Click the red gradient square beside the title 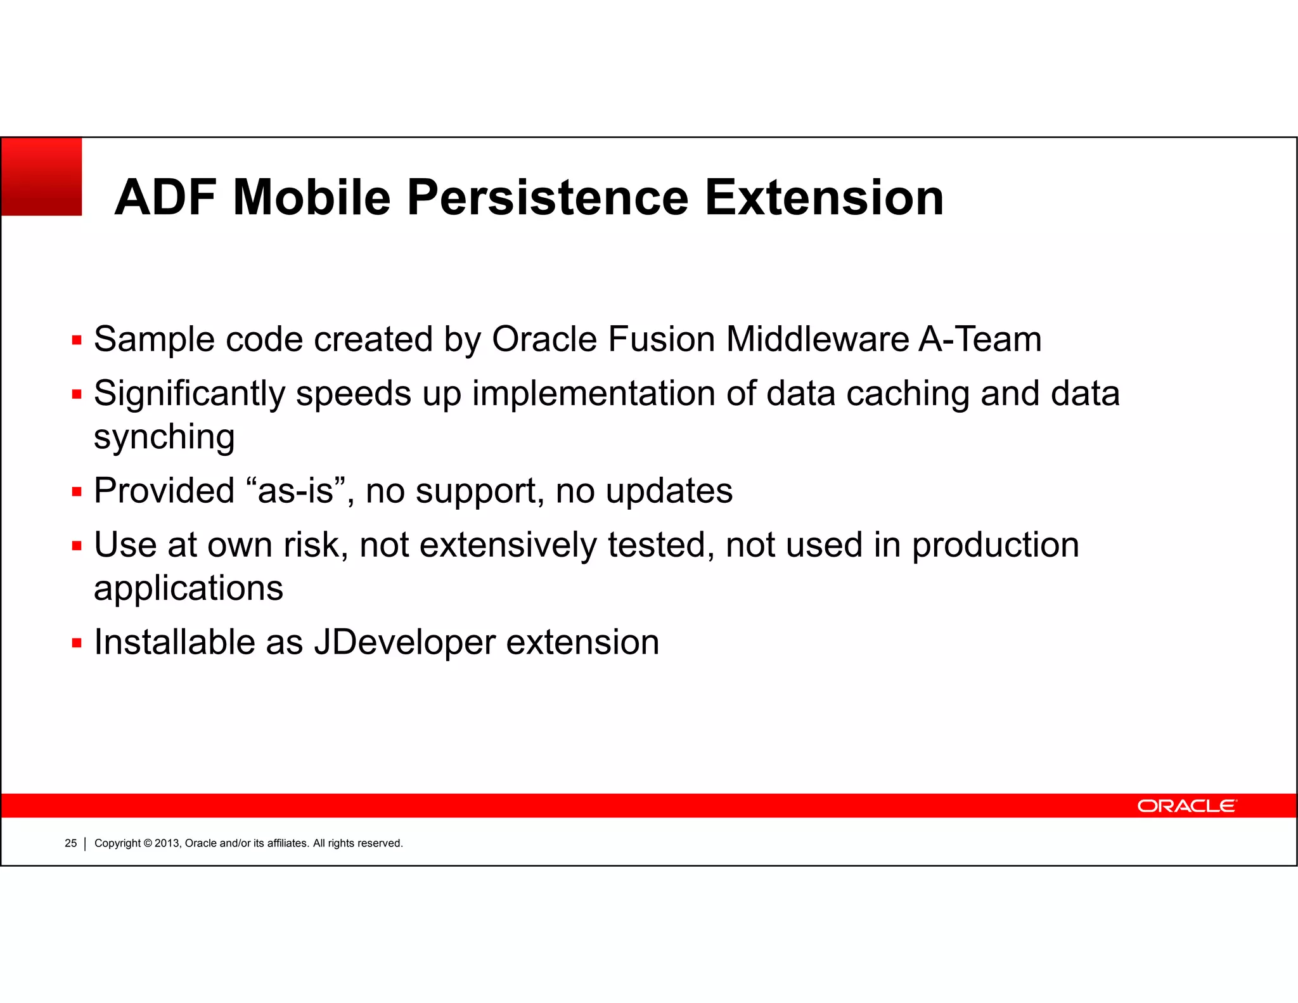(42, 177)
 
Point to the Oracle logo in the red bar (1186, 806)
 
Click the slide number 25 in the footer (70, 843)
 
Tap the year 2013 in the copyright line (167, 843)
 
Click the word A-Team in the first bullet (980, 339)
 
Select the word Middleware (817, 339)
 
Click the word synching (164, 437)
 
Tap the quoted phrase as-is (295, 491)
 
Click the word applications (188, 588)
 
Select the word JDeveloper (404, 642)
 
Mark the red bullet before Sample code (77, 341)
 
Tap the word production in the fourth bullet (995, 545)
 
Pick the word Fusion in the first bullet (661, 339)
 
